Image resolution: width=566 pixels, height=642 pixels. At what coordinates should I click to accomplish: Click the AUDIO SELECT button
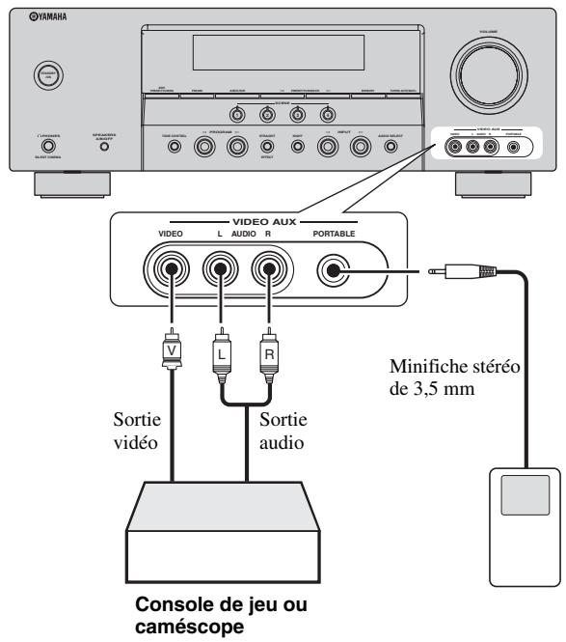point(391,148)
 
